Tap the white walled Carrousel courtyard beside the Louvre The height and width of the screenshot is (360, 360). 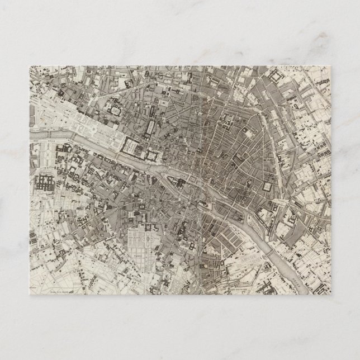coord(130,147)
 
